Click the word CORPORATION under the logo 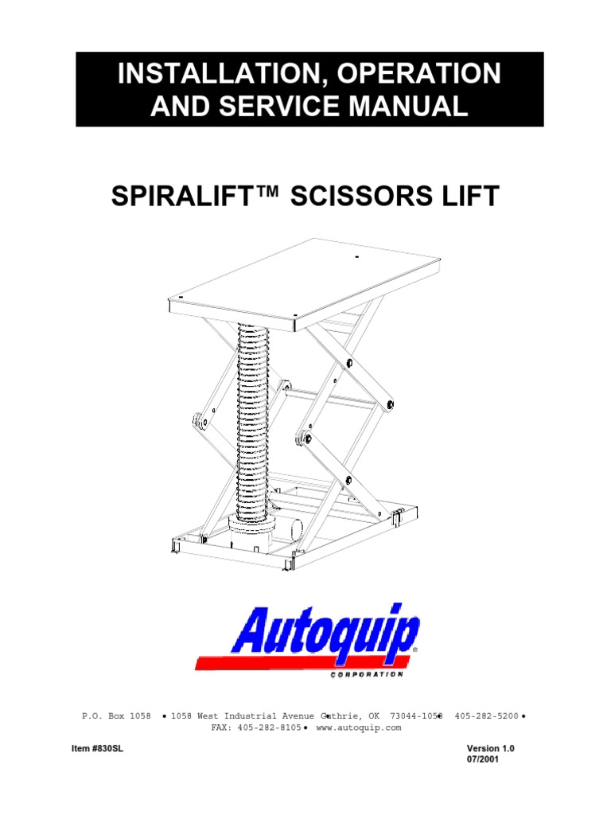pyautogui.click(x=366, y=674)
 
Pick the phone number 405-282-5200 pyautogui.click(x=486, y=716)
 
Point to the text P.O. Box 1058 pyautogui.click(x=116, y=716)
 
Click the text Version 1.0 pyautogui.click(x=496, y=749)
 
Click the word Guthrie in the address pyautogui.click(x=340, y=716)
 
